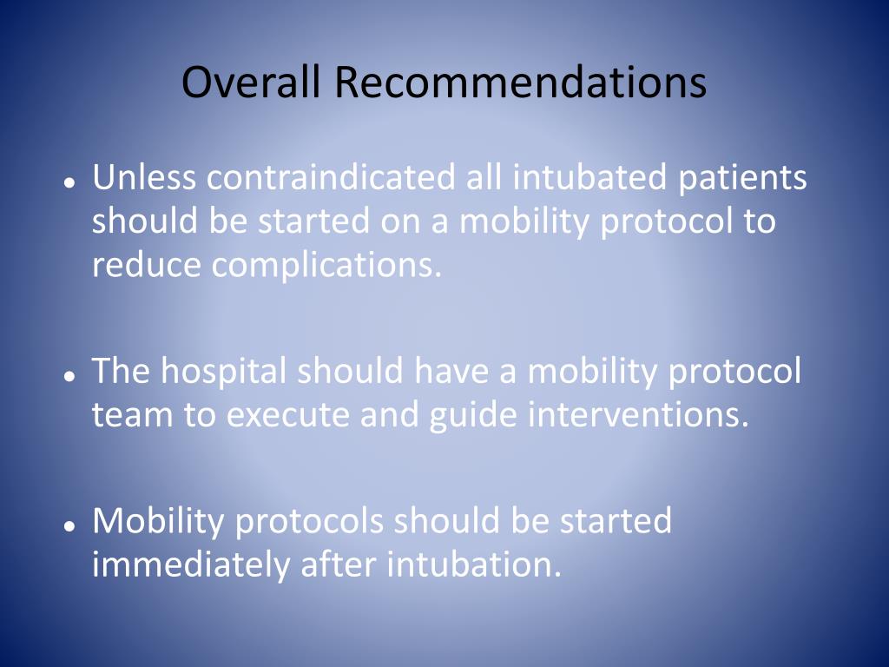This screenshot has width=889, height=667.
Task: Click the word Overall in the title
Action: click(x=251, y=83)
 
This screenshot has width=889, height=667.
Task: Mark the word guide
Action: click(x=473, y=415)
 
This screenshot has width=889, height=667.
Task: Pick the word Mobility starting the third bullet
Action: click(x=160, y=521)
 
